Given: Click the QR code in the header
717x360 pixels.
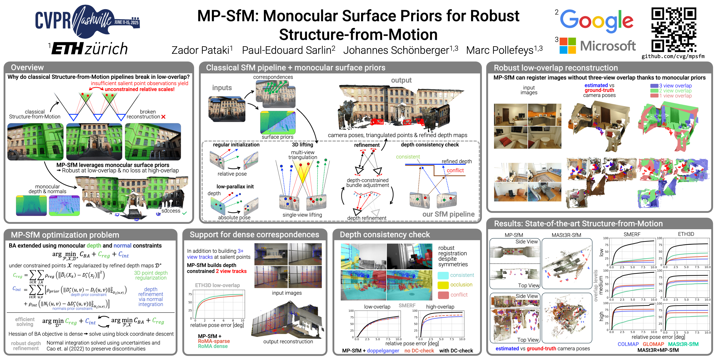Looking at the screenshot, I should tap(674, 30).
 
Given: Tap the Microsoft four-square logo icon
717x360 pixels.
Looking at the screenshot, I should tap(568, 46).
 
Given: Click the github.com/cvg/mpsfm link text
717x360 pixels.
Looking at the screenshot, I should tap(673, 56).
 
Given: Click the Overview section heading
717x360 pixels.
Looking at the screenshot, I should tap(27, 67).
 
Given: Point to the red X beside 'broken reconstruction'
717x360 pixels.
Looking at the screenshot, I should tap(163, 117).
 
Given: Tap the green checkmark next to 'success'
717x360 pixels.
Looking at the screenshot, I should tap(185, 213).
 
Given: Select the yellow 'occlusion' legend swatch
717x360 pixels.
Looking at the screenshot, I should tap(443, 285).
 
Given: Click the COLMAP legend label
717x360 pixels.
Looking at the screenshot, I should tap(628, 344).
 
